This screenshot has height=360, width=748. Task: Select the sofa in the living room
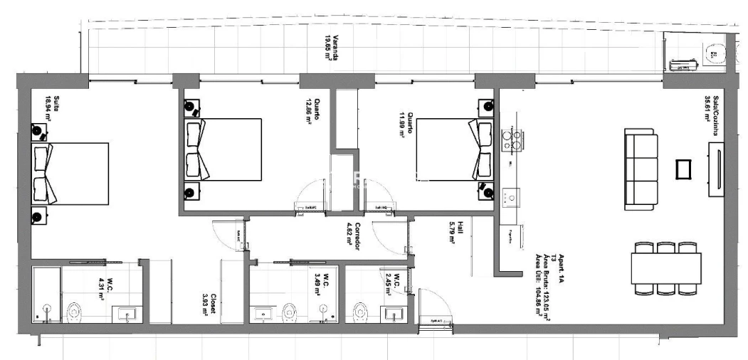pos(638,169)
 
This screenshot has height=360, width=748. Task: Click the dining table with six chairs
pos(665,269)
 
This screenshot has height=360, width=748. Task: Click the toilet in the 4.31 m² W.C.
pos(73,312)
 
